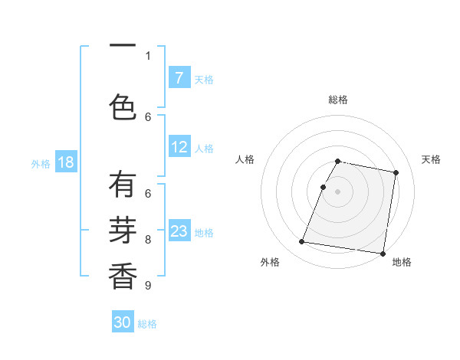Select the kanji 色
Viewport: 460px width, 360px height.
[123, 106]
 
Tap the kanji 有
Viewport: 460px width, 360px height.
[123, 185]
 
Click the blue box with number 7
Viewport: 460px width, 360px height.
[179, 78]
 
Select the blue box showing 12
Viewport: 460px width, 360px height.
[179, 147]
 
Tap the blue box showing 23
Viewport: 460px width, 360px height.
[179, 231]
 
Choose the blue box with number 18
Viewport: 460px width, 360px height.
[65, 162]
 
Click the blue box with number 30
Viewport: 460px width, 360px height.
[123, 322]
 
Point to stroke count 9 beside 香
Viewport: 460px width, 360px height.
[148, 286]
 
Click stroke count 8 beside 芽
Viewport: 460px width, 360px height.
[148, 239]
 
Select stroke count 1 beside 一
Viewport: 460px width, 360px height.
[148, 55]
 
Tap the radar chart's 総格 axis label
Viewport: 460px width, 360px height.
[338, 100]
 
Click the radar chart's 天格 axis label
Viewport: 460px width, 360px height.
[432, 159]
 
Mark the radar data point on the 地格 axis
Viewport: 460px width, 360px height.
[383, 254]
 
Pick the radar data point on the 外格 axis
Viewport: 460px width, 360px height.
[302, 242]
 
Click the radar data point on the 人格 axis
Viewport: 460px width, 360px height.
[324, 187]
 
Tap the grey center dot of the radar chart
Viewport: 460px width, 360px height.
[338, 191]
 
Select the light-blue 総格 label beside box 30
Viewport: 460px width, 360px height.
[148, 324]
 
